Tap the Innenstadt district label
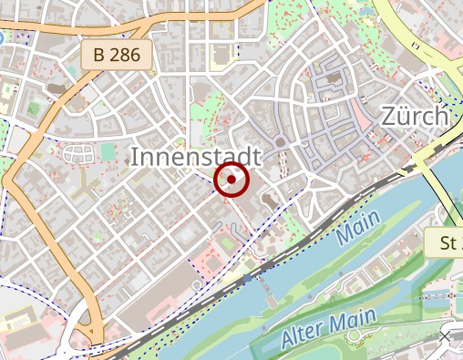pos(196,156)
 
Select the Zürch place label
pos(415,117)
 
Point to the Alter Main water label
pos(328,328)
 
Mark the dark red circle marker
pos(232,180)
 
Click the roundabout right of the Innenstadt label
pos(281,142)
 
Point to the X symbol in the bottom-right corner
pos(445,337)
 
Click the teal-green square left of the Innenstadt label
pos(109,151)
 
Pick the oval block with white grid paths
pos(77,152)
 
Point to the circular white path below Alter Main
pos(354,337)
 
